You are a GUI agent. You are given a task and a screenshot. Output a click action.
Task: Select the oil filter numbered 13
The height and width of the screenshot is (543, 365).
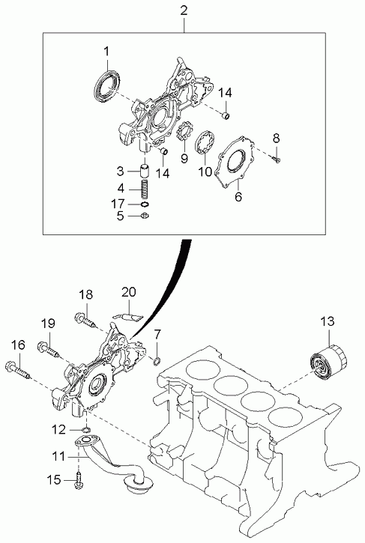pos(328,363)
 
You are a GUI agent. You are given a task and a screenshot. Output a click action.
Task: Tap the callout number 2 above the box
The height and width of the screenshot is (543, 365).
pos(184,10)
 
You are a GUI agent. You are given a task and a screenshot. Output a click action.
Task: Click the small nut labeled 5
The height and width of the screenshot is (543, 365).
pos(145,216)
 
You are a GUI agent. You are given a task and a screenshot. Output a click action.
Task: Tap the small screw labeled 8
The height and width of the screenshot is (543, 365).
pos(277,160)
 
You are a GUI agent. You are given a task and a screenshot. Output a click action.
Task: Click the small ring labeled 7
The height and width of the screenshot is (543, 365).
pos(157,360)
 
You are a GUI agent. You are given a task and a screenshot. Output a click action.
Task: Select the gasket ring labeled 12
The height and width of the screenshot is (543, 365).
pos(86,430)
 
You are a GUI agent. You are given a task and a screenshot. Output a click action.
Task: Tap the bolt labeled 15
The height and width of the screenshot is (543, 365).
pos(79,480)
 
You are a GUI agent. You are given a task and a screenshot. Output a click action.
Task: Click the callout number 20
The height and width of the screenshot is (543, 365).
pos(129,292)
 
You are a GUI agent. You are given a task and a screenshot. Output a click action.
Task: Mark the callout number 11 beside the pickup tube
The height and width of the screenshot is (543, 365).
pos(59,457)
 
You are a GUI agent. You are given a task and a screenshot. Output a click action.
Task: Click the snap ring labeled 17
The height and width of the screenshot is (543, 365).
pos(145,204)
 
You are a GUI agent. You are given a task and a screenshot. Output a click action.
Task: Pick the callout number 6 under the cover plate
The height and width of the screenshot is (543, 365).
pos(238,197)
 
